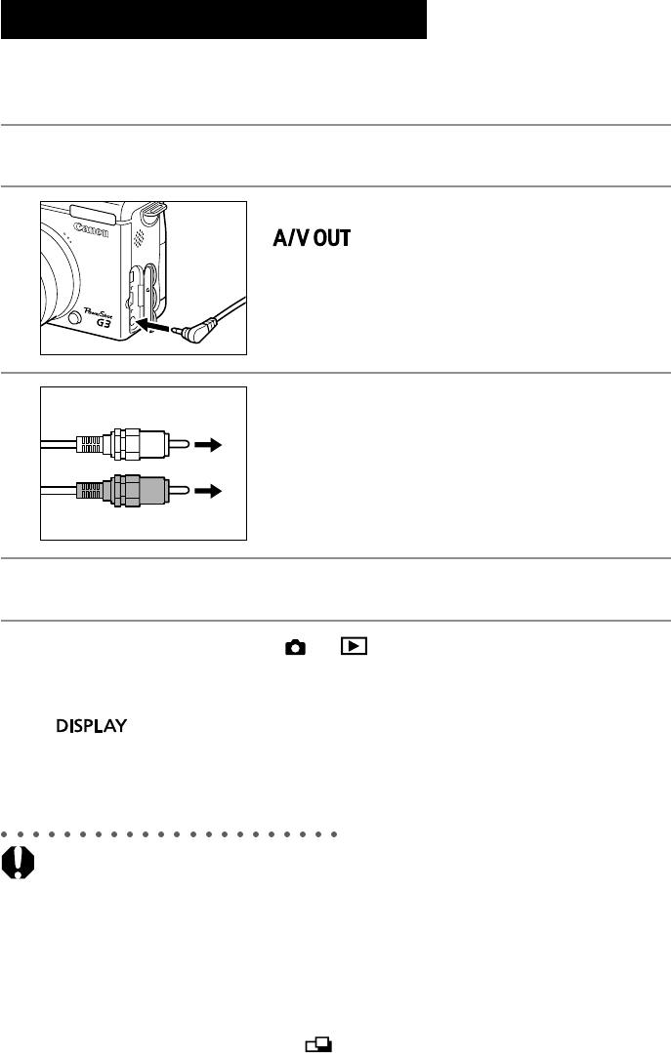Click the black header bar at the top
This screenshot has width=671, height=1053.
tap(214, 20)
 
